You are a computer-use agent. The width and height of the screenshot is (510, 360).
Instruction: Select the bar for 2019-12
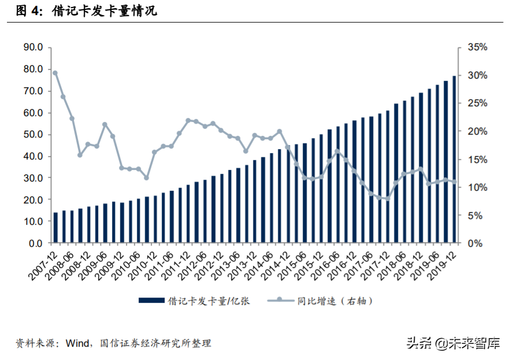click(455, 159)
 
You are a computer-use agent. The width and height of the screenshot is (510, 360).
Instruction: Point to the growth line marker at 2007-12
click(55, 73)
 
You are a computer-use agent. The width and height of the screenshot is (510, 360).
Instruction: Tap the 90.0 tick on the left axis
click(33, 47)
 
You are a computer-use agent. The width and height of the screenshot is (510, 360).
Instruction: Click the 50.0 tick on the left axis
click(33, 135)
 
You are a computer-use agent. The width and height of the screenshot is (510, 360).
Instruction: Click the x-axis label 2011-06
click(161, 263)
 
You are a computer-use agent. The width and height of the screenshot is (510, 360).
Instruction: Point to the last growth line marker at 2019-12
click(455, 182)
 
